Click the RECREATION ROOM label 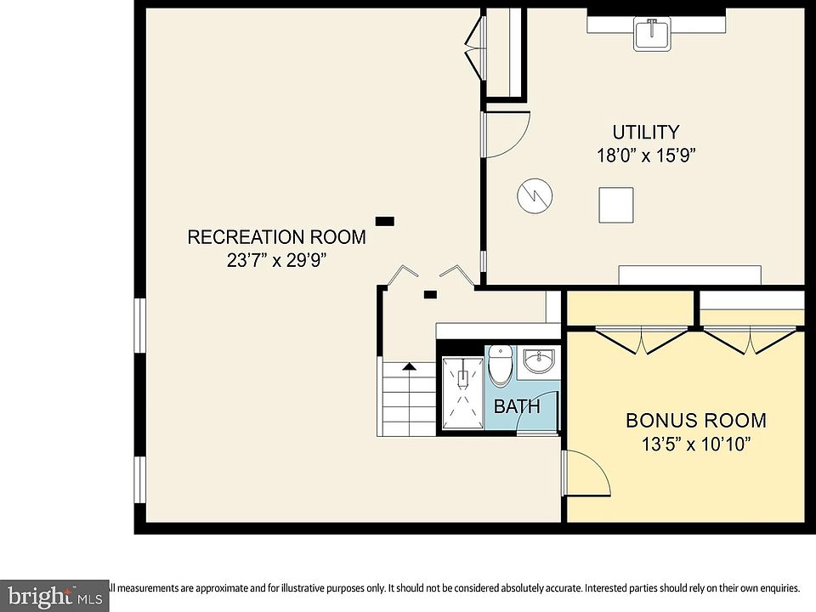point(276,237)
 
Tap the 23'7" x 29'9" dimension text point(276,260)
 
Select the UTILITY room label point(645,133)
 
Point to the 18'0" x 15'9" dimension point(646,155)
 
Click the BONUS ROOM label point(696,421)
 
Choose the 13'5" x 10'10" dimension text point(696,444)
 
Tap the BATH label point(516,406)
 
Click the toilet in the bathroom point(500,365)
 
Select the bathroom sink point(539,361)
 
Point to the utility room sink point(652,33)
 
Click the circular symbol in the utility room point(535,196)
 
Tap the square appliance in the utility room point(616,205)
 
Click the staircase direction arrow point(410,366)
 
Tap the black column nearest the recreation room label point(384,221)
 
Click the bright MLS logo point(54,596)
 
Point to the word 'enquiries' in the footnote point(779,588)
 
